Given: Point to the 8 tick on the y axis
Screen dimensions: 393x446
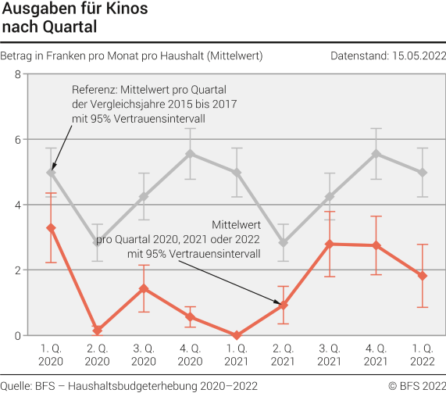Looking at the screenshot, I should tap(17, 74).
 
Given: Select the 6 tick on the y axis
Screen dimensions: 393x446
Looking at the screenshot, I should tap(17, 140).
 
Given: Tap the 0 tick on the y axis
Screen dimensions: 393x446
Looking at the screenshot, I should tap(17, 335).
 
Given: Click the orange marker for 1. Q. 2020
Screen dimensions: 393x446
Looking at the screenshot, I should tap(51, 228).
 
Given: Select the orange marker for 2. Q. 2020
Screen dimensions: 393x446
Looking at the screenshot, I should tap(97, 330).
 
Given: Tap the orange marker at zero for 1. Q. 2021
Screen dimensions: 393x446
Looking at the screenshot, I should tap(237, 335).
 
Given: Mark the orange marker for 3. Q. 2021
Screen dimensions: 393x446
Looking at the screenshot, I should tap(329, 244).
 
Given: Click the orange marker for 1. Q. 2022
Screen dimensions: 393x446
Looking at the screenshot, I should tap(422, 276).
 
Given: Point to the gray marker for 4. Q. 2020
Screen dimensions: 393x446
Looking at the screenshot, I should tap(190, 154).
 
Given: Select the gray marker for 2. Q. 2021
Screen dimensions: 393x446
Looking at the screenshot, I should tap(283, 243).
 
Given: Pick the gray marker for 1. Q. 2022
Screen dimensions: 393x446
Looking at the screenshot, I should tap(422, 173).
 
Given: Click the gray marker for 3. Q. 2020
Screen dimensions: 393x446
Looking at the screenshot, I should tap(144, 196).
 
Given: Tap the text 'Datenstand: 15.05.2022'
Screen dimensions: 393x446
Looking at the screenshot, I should tap(388, 55).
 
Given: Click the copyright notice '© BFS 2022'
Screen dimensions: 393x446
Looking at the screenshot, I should tap(418, 385).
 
